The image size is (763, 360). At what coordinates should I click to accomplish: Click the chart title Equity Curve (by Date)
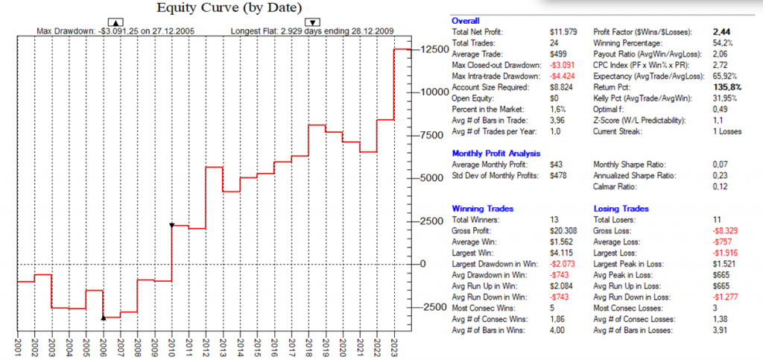pyautogui.click(x=218, y=8)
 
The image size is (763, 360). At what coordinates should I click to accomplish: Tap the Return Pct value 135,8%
pyautogui.click(x=720, y=86)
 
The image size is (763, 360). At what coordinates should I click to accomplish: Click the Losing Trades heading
pyautogui.click(x=621, y=209)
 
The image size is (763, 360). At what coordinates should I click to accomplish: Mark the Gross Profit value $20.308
pyautogui.click(x=564, y=231)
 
